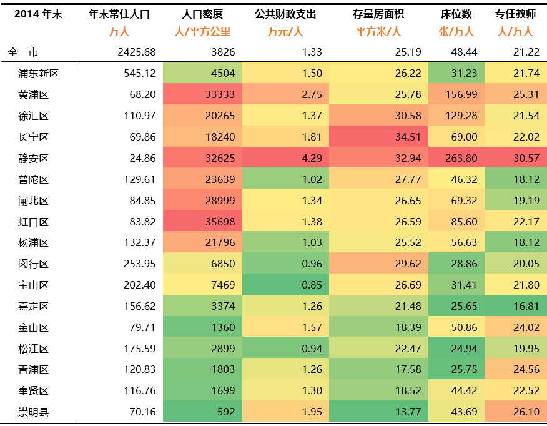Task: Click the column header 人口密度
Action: click(x=202, y=14)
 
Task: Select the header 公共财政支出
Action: click(x=285, y=14)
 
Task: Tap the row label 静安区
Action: click(x=34, y=158)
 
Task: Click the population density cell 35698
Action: click(x=220, y=222)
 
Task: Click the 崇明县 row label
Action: click(x=34, y=412)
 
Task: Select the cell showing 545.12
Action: click(x=140, y=74)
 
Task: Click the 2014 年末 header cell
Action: click(x=37, y=14)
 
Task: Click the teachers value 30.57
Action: click(x=525, y=158)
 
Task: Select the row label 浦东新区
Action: click(x=39, y=74)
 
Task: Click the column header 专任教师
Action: click(x=516, y=14)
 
